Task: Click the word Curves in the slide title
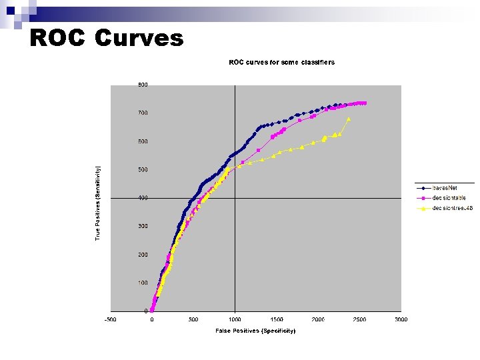coord(139,38)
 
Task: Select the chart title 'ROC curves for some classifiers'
coord(281,63)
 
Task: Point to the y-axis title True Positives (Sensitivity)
coord(97,203)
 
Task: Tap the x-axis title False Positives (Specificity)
coord(255,331)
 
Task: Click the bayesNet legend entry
coord(444,188)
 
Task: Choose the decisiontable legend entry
coord(449,198)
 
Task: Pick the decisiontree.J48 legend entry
coord(452,208)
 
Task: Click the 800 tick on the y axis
coord(143,85)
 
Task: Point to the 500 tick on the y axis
coord(143,170)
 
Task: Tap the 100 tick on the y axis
coord(143,283)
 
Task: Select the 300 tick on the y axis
coord(143,227)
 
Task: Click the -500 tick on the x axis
coord(110,319)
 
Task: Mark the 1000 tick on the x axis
coord(235,319)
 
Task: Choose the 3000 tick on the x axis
coord(401,319)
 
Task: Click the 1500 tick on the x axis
coord(276,319)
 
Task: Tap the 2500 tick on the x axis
coord(359,319)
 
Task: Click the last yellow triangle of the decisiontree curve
coord(349,119)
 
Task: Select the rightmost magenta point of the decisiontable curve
coord(365,103)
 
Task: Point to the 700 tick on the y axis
coord(143,113)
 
